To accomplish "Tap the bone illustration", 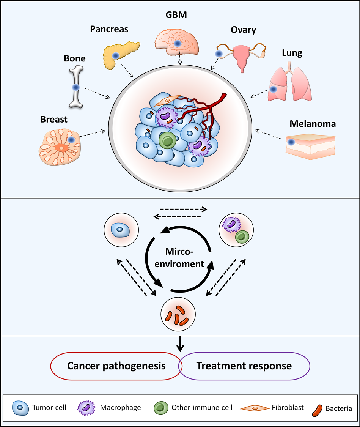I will (x=76, y=88).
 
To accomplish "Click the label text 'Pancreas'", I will (x=109, y=29).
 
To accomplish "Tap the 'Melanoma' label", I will (x=313, y=124).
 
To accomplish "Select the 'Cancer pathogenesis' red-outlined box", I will (x=116, y=366).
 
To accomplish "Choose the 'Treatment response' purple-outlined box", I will (x=244, y=366).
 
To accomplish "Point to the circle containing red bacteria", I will (x=178, y=315).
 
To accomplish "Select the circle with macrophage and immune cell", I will (x=236, y=230).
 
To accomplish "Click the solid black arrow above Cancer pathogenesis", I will (x=181, y=343).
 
